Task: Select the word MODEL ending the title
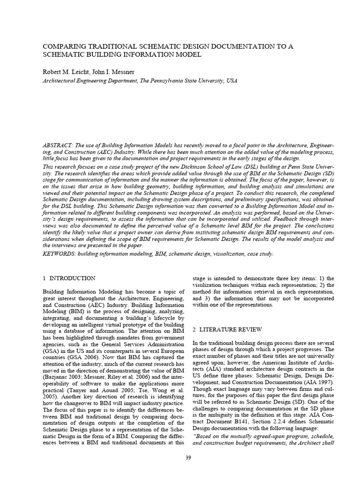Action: coord(188,55)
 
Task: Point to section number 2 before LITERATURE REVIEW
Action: coord(195,330)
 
